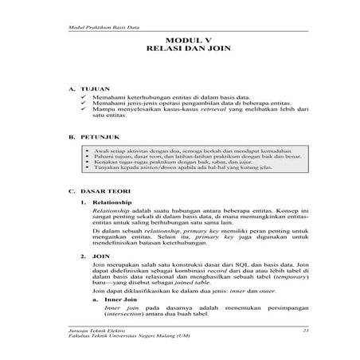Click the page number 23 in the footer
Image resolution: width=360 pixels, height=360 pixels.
tap(306, 329)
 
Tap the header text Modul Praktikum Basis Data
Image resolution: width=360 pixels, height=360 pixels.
tap(96, 27)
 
